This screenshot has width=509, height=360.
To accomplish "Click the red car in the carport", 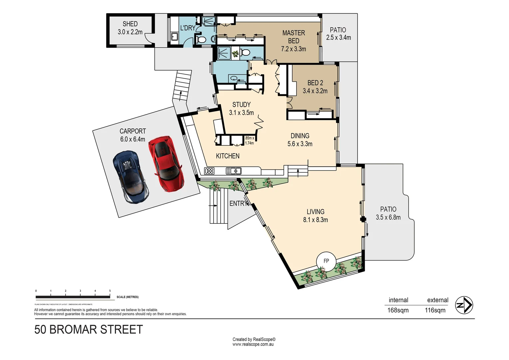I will tap(165, 163).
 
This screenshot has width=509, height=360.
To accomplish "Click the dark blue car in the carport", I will tap(131, 177).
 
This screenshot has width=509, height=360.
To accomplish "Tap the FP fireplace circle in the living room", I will tap(326, 261).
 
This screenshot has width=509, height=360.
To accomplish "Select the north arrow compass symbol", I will tap(464, 305).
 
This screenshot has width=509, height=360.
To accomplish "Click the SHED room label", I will tap(130, 24).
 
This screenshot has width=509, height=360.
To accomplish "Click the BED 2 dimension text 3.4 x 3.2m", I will tap(315, 91).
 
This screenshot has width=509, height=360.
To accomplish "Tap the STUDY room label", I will tap(241, 105).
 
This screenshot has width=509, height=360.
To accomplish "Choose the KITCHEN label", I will tap(228, 156).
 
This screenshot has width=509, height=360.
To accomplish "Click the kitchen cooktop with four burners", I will tap(209, 171).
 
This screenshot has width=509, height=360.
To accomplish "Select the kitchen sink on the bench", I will tap(234, 171).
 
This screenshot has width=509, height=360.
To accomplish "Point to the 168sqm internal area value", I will tap(398, 310).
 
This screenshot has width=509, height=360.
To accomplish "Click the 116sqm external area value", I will tap(435, 310).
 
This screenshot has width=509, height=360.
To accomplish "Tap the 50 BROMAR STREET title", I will tap(89, 330).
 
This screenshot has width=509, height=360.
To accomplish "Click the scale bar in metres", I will tap(73, 297).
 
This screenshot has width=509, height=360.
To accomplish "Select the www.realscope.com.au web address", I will tap(253, 344).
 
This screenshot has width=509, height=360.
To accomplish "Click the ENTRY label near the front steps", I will tap(238, 203).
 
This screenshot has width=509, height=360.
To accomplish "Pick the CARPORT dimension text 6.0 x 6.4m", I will tap(133, 139).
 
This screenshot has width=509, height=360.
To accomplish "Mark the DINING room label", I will tap(300, 136).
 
